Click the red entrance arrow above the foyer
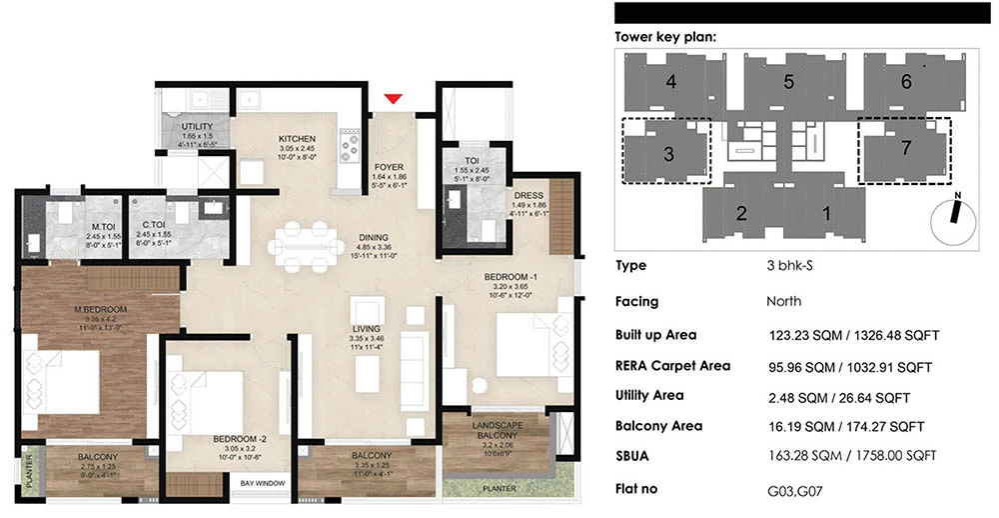point(394,98)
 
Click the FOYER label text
point(390,167)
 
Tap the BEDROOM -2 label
point(238,438)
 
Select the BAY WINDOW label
point(263,484)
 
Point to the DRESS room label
point(527,196)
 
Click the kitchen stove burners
point(351,147)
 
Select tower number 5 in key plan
point(788,82)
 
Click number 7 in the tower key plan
point(905,148)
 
